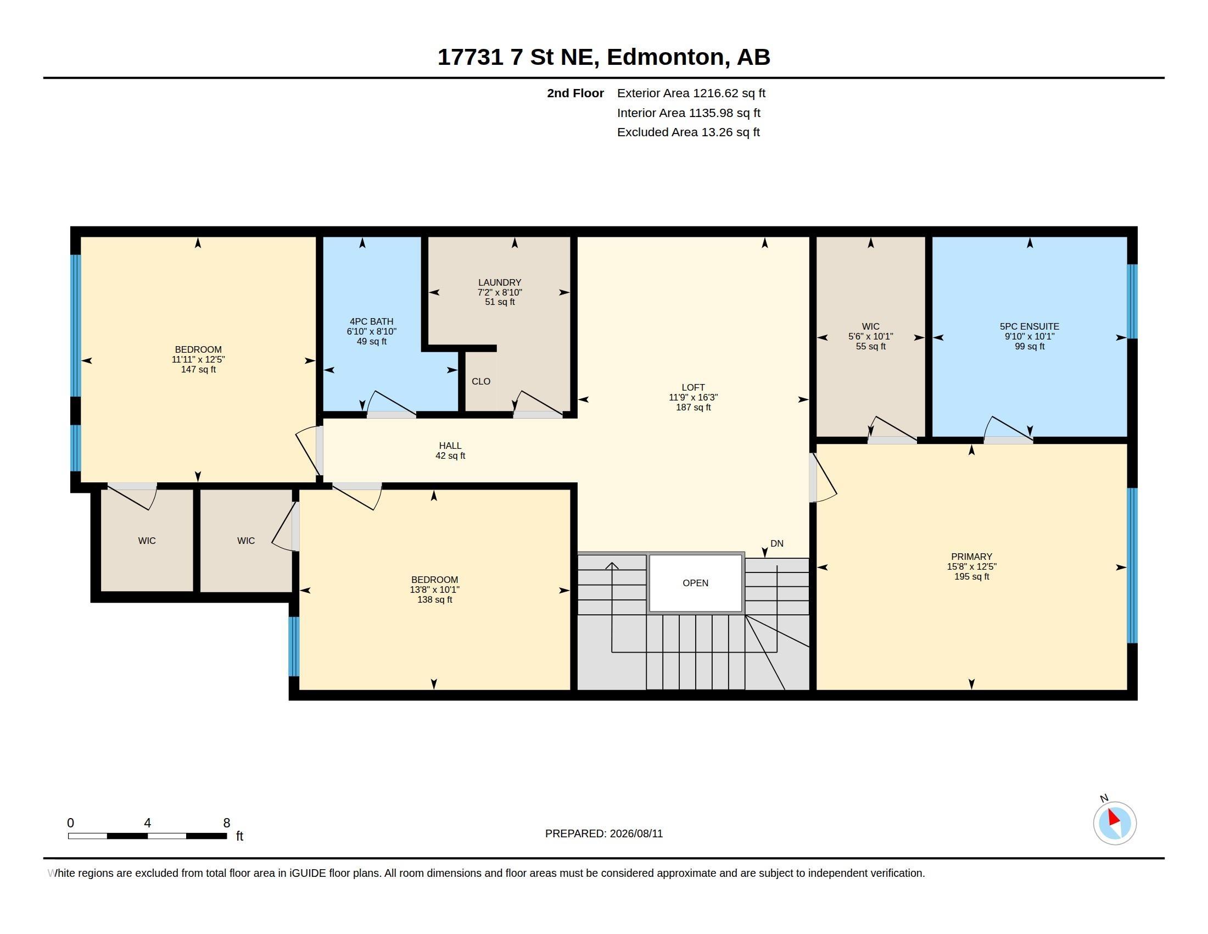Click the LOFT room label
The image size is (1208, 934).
693,387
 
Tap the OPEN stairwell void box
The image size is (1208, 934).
695,583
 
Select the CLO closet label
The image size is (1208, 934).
481,381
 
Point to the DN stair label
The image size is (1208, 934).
776,543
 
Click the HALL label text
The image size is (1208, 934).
450,446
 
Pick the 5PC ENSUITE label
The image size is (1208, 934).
1030,326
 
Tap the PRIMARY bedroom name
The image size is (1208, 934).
972,557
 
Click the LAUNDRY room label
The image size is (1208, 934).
500,282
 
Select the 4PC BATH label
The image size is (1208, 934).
372,321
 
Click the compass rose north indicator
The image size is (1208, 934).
1115,823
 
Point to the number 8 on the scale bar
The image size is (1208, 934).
226,823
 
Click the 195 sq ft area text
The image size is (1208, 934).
972,576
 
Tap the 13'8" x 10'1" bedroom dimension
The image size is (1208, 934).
435,590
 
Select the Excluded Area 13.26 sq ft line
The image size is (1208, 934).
689,132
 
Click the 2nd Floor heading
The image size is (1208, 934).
575,93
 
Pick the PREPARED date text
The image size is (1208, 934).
604,833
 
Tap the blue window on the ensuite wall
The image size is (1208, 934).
1132,302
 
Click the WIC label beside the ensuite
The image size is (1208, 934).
871,326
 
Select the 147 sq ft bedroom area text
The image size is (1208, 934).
199,370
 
